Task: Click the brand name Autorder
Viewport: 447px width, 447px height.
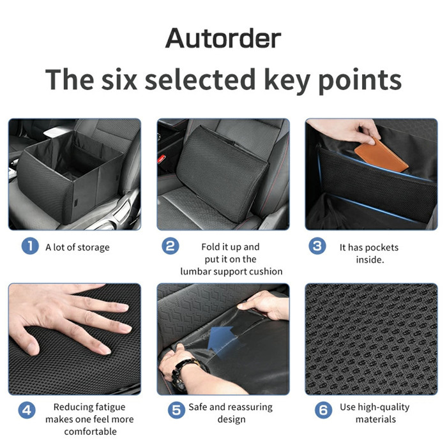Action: point(223,38)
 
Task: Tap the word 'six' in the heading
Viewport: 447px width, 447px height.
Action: point(119,80)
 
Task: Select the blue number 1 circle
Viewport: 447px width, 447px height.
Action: point(30,246)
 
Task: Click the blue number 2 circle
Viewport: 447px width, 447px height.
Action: point(170,246)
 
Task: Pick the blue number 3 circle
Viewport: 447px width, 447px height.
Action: point(317,246)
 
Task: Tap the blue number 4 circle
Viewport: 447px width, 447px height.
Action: point(27,410)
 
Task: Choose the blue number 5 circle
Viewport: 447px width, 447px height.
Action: point(176,410)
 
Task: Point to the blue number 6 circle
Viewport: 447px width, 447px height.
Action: point(324,410)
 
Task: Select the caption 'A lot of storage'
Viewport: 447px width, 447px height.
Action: point(77,247)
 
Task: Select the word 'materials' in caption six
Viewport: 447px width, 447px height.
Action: point(375,420)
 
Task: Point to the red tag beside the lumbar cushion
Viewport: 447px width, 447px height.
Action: point(162,159)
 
